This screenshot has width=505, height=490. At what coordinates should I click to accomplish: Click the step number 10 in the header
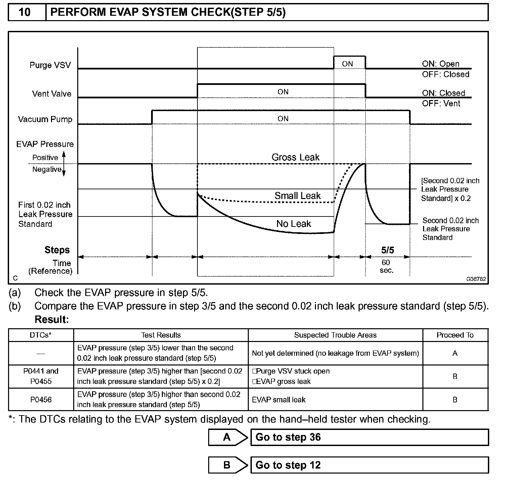point(25,12)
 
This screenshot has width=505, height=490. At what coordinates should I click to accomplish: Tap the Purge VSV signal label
point(50,65)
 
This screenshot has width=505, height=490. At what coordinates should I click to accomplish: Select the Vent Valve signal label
point(52,94)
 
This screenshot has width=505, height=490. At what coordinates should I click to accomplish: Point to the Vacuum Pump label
point(45,119)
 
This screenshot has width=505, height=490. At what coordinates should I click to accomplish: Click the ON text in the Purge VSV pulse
point(348,64)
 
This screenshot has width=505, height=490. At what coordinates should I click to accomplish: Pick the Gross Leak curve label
point(295,157)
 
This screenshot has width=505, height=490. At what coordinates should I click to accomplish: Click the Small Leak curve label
point(297,196)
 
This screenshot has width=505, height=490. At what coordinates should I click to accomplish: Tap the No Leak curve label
point(293,224)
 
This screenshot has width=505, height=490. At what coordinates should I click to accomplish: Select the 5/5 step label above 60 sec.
point(387,250)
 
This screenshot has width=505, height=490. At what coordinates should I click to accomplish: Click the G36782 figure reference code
point(476,279)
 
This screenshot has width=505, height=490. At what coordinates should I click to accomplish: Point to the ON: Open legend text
point(441,64)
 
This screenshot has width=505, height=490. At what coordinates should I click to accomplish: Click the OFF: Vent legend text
point(441,103)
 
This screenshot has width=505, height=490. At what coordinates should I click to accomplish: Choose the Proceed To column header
point(455,335)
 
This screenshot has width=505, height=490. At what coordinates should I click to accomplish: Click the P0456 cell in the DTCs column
point(41,399)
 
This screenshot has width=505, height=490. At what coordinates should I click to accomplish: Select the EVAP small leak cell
point(279,399)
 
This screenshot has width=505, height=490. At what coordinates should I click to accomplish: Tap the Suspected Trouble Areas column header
point(335,335)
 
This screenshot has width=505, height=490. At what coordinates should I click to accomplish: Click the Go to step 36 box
point(369,437)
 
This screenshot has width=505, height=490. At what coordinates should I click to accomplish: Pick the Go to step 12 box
point(369,465)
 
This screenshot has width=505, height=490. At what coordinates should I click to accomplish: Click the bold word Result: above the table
point(51,320)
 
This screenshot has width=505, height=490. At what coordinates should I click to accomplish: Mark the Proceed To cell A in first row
point(455,353)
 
